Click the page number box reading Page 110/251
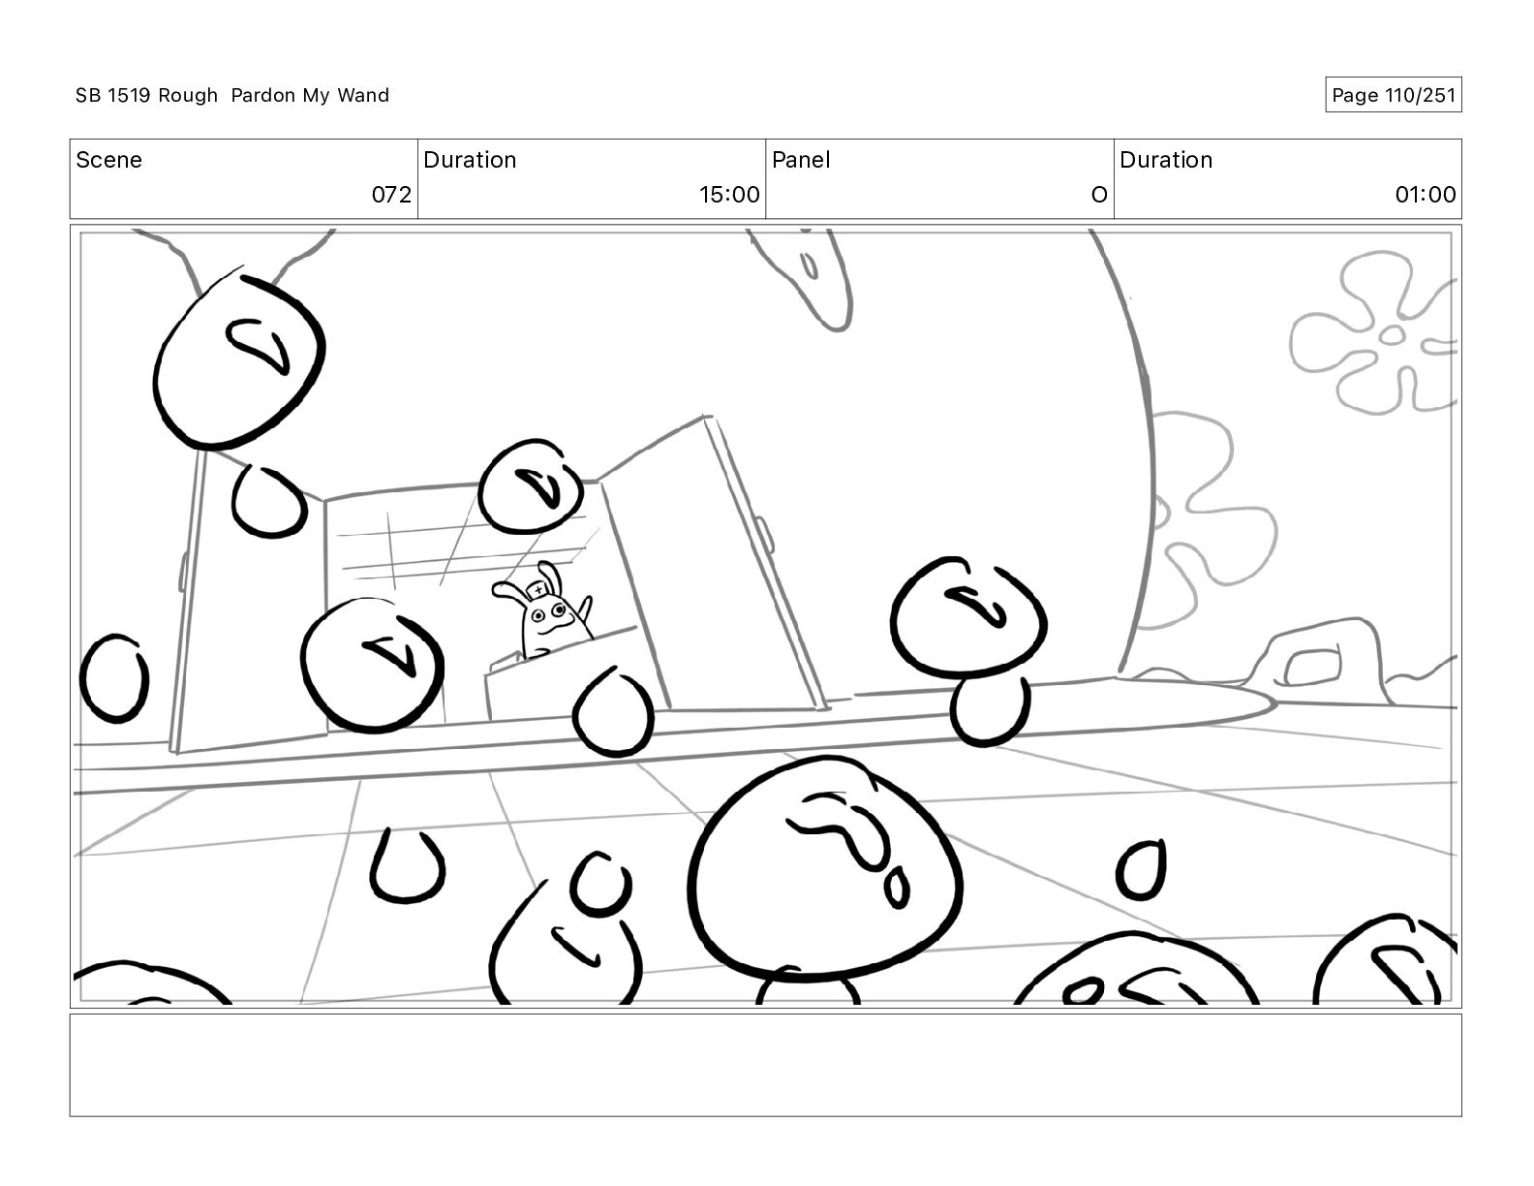[1393, 95]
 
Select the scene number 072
[391, 194]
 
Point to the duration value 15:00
[729, 194]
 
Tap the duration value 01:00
[1426, 194]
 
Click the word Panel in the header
[801, 160]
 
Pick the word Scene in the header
[108, 160]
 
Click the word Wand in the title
[363, 95]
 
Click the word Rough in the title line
[188, 95]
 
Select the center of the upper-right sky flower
[1392, 335]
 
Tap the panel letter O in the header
[1099, 194]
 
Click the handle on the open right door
[765, 535]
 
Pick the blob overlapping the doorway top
[531, 486]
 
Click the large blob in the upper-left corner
[238, 361]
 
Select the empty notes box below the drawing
[766, 1065]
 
